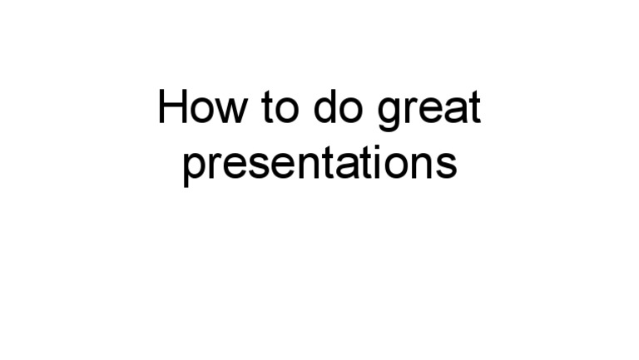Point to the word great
click(428, 111)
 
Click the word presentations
click(319, 164)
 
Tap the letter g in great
click(389, 114)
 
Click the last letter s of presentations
click(448, 165)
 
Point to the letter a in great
click(454, 111)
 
